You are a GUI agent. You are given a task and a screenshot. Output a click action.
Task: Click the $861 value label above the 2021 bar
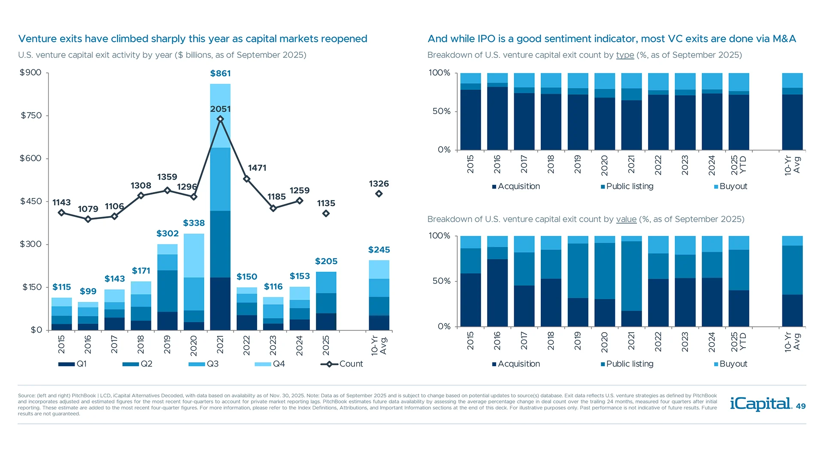(220, 73)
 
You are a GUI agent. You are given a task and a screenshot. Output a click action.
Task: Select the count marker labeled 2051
(220, 119)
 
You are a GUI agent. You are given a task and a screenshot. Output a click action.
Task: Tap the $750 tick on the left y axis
(31, 115)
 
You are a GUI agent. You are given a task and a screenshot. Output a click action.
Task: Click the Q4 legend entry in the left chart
(270, 364)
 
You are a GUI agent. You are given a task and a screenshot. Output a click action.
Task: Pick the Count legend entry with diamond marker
(342, 364)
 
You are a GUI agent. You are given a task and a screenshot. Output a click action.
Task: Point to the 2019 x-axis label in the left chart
(167, 345)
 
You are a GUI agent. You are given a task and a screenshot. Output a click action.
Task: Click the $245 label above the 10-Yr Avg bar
(379, 250)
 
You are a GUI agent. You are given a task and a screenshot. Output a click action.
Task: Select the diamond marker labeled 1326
(379, 194)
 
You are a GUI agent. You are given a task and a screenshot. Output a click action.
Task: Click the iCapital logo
(760, 404)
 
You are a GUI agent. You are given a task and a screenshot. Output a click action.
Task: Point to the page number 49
(801, 406)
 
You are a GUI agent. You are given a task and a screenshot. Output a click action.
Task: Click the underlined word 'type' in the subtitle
(625, 55)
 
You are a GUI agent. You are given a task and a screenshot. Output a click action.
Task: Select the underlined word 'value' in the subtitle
(626, 219)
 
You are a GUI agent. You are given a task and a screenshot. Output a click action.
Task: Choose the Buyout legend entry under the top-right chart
(730, 186)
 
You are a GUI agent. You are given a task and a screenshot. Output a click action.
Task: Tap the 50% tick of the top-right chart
(441, 111)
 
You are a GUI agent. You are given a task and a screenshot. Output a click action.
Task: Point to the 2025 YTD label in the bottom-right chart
(739, 342)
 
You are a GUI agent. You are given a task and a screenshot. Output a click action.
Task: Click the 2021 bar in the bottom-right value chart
(631, 281)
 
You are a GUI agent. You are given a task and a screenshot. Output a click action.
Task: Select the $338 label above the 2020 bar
(194, 223)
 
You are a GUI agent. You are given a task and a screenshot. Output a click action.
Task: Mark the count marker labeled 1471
(247, 179)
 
